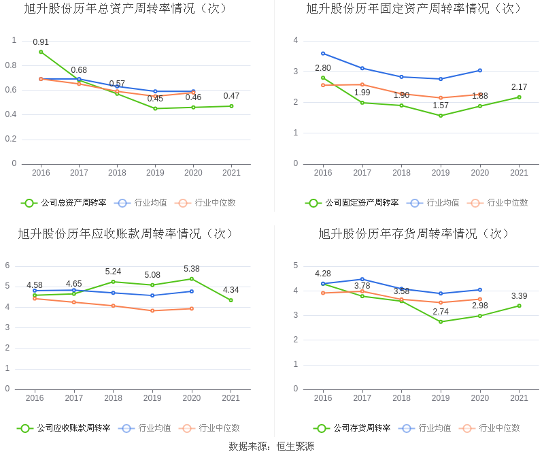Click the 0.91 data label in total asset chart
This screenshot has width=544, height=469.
[41, 42]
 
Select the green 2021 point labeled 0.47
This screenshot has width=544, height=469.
[231, 106]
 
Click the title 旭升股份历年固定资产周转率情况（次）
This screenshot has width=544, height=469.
[413, 9]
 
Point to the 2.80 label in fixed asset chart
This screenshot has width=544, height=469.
[323, 68]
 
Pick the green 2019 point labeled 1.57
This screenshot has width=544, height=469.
[441, 116]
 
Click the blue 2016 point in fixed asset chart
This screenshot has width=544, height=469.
[323, 53]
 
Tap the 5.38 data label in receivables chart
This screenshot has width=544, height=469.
[192, 269]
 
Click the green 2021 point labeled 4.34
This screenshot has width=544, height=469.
[231, 300]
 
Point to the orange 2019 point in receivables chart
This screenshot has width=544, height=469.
[152, 310]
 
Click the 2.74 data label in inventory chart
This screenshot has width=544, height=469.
[441, 312]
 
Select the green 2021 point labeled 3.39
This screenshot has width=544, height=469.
[519, 306]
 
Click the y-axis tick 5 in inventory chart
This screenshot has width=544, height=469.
[295, 265]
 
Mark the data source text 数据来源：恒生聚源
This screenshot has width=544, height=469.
[271, 447]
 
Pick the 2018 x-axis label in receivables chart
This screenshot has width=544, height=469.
[113, 398]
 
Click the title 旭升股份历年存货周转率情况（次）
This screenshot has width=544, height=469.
[413, 233]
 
